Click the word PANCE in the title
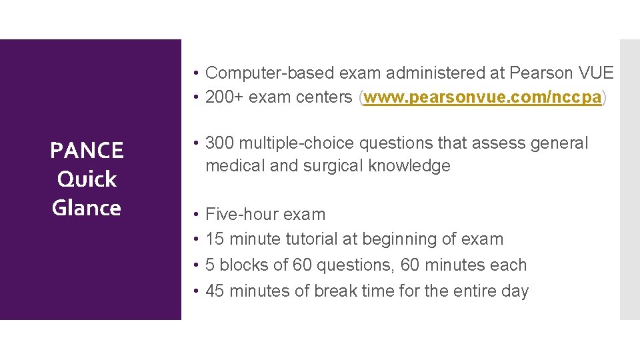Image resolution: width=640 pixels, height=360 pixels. pos(87,151)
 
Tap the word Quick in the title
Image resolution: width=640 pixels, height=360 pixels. pos(87,179)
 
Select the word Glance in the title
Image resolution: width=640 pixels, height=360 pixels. pos(87,208)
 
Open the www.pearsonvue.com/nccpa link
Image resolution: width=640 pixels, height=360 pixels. pos(483,97)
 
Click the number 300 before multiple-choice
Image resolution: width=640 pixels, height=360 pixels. pos(219,143)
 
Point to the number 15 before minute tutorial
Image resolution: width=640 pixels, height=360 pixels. pos(214,239)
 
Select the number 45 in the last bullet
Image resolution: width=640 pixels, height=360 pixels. pos(215,291)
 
